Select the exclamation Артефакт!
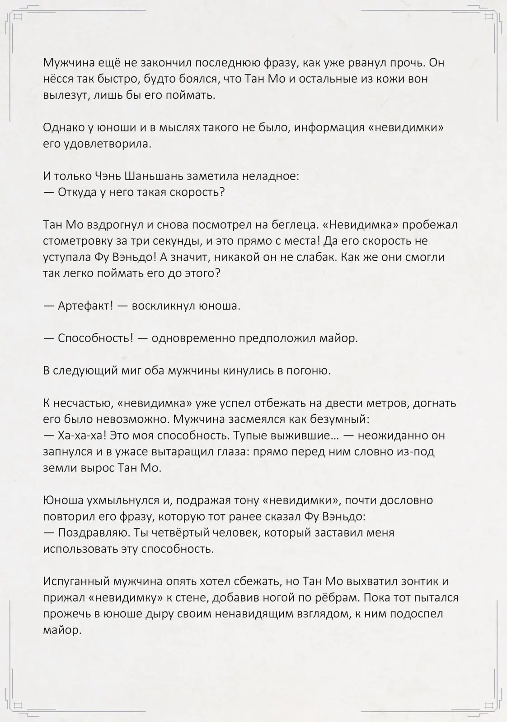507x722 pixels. pos(85,306)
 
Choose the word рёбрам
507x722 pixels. pos(333,598)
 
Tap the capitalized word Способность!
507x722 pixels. pos(95,338)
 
